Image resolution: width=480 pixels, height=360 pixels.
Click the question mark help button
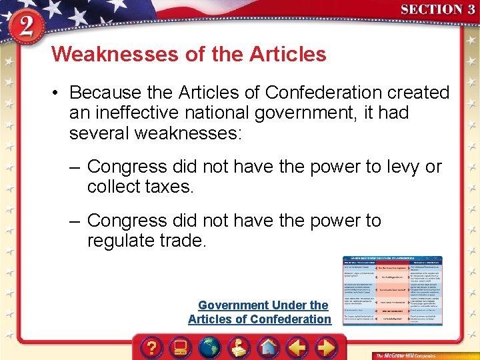[152, 348]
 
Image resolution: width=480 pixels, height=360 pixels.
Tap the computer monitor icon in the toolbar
[180, 348]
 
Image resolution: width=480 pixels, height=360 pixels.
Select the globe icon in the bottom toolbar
[210, 348]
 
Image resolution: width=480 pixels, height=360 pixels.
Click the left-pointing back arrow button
[297, 348]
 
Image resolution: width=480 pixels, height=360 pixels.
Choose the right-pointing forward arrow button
[326, 348]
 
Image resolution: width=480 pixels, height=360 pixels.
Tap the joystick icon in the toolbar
[239, 348]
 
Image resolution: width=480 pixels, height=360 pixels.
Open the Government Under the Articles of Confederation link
[259, 312]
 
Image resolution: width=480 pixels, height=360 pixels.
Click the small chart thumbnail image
[393, 291]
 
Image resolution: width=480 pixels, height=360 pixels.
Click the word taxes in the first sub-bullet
[169, 187]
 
